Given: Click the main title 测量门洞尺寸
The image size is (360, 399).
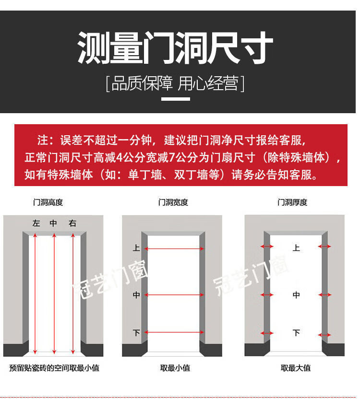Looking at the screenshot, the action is click(175, 47).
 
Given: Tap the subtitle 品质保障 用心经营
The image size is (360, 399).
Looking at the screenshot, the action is click(175, 83).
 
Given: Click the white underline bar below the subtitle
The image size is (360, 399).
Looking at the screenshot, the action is click(176, 99).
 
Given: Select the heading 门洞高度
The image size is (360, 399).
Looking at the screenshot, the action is click(48, 202).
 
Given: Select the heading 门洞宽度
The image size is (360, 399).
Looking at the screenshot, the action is click(173, 202).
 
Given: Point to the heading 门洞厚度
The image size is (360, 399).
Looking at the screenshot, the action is click(292, 202).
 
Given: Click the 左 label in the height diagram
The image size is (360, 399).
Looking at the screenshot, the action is click(36, 223).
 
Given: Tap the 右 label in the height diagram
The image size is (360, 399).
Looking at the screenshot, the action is click(72, 223).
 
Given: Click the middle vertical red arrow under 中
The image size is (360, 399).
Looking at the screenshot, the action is click(54, 293).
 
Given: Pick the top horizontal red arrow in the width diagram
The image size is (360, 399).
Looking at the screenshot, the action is click(174, 248).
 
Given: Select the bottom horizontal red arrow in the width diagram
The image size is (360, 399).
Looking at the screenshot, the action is click(174, 332).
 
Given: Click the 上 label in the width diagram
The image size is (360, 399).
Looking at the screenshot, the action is click(136, 248).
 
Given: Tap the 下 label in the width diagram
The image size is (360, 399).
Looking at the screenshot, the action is click(136, 333).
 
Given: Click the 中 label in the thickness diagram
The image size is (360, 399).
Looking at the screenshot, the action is click(296, 295).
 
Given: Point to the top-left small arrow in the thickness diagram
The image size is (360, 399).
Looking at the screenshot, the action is click(267, 246).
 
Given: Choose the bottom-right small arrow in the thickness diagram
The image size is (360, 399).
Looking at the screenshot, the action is click(324, 335).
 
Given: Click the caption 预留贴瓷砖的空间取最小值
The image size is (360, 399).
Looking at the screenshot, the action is click(54, 368).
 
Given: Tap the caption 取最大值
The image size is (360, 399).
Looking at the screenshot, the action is click(296, 368).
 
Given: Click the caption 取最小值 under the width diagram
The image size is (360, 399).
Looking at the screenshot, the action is click(175, 368).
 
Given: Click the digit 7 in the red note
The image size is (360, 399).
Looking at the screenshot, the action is click(172, 158).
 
